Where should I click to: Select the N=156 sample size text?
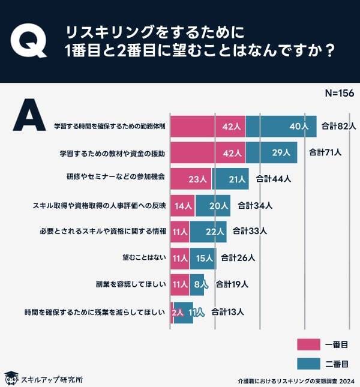point(339,94)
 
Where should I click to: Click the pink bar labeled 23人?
point(192,178)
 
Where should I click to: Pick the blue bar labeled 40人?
point(281,126)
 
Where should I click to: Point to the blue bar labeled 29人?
point(271,152)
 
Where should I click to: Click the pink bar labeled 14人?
point(183,205)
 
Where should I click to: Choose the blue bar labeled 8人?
point(197,284)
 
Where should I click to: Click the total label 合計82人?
point(339,126)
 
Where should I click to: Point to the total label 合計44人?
point(273,178)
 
